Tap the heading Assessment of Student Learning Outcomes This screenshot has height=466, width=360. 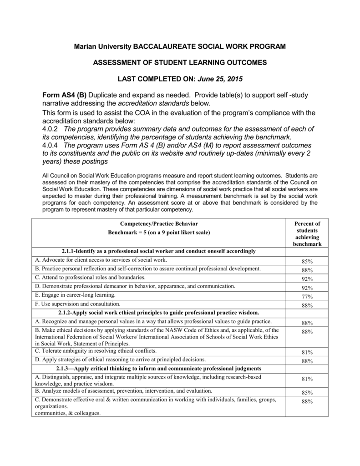tap(180, 63)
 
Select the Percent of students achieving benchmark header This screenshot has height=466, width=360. tap(307, 233)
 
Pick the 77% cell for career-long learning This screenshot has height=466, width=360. tap(307, 297)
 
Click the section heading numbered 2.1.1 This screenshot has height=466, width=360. tap(158, 251)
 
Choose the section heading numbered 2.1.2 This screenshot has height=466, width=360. tap(158, 313)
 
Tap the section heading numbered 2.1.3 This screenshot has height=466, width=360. tap(158, 368)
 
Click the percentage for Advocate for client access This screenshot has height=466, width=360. tap(307, 262)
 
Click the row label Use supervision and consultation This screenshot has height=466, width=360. tap(78, 304)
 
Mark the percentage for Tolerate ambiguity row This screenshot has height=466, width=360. tap(307, 352)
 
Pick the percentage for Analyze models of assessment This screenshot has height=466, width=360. tap(307, 392)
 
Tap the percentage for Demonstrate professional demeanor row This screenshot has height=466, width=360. tap(307, 288)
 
